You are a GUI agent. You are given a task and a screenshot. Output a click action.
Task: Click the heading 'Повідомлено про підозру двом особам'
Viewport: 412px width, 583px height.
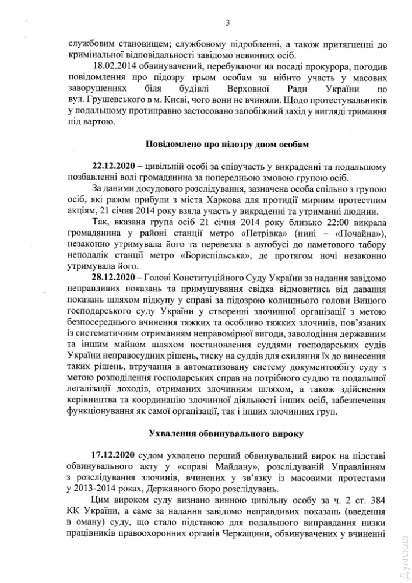228,143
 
